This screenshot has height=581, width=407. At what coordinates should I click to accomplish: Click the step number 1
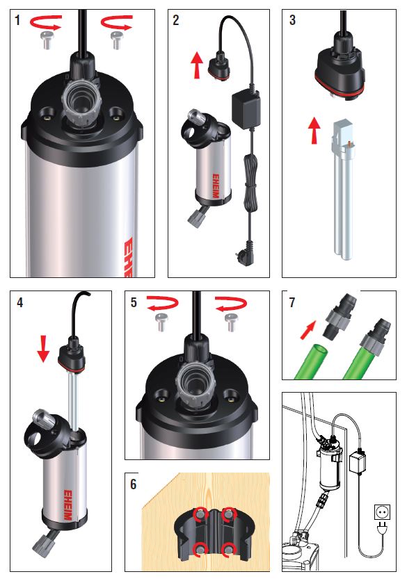pyautogui.click(x=17, y=20)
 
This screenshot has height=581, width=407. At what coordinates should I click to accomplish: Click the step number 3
pyautogui.click(x=292, y=20)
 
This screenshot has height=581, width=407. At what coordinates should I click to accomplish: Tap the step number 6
pyautogui.click(x=133, y=484)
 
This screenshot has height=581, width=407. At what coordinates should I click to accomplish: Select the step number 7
pyautogui.click(x=292, y=302)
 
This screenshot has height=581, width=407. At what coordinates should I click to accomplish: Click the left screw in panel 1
pyautogui.click(x=46, y=40)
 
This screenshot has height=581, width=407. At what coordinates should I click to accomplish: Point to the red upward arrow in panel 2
pyautogui.click(x=197, y=65)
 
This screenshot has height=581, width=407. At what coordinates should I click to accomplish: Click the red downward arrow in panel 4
pyautogui.click(x=43, y=349)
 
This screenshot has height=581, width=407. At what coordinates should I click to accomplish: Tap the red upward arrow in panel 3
pyautogui.click(x=314, y=131)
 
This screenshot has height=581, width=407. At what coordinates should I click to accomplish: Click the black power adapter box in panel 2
pyautogui.click(x=245, y=111)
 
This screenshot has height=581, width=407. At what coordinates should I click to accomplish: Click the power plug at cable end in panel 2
pyautogui.click(x=246, y=248)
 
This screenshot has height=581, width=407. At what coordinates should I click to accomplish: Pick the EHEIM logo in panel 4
pyautogui.click(x=67, y=505)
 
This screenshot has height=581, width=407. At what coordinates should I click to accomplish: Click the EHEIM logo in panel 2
pyautogui.click(x=216, y=186)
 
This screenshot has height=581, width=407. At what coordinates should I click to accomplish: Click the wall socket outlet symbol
pyautogui.click(x=382, y=512)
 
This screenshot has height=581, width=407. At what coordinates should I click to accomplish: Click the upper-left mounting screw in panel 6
pyautogui.click(x=200, y=514)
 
